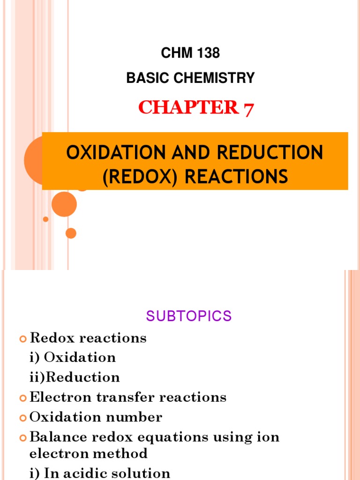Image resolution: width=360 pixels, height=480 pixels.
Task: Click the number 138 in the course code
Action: (x=207, y=53)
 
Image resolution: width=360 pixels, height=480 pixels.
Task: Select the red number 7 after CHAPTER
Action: (x=248, y=108)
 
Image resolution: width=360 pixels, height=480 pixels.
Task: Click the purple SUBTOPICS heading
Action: (x=189, y=316)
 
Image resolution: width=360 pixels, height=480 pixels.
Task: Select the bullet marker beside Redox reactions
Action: (x=23, y=338)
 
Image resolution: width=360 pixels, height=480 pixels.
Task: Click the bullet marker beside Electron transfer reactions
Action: (x=23, y=398)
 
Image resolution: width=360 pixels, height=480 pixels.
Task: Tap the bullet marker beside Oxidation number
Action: (x=23, y=418)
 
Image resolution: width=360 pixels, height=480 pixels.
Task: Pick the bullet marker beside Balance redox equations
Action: (x=23, y=438)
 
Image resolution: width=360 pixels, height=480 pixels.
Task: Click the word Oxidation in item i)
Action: (x=80, y=358)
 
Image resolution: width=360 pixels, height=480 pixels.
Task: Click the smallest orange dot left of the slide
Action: (x=45, y=219)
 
